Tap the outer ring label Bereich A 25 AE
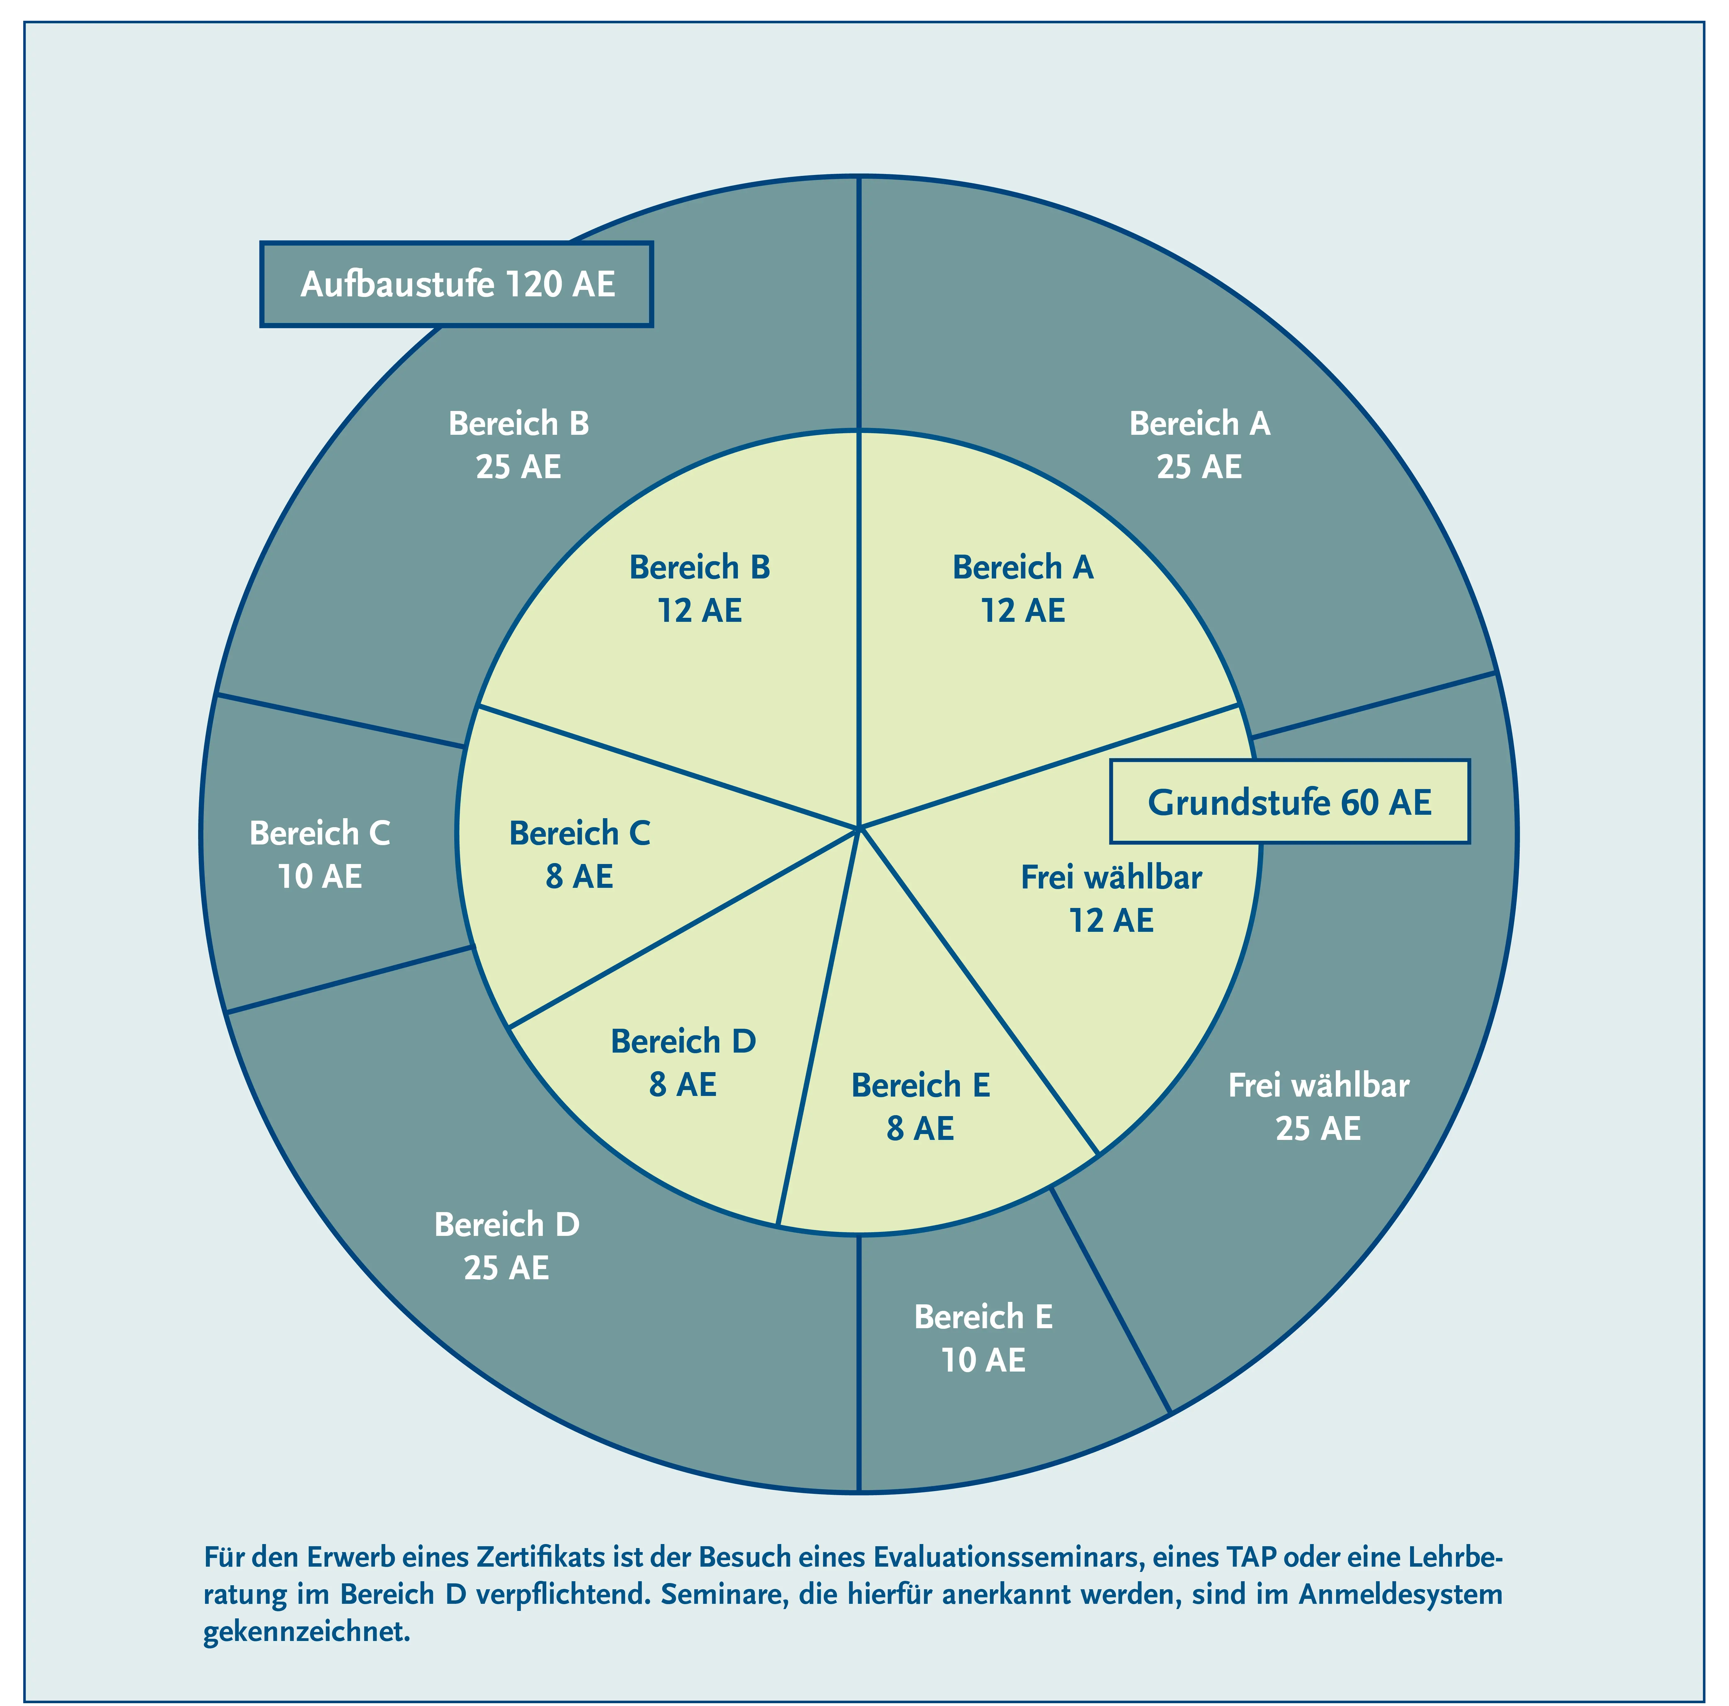click(1199, 445)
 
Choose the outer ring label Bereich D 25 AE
click(507, 1246)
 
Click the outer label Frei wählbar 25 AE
click(1318, 1107)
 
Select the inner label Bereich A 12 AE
click(1023, 589)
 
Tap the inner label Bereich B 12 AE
click(700, 589)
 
